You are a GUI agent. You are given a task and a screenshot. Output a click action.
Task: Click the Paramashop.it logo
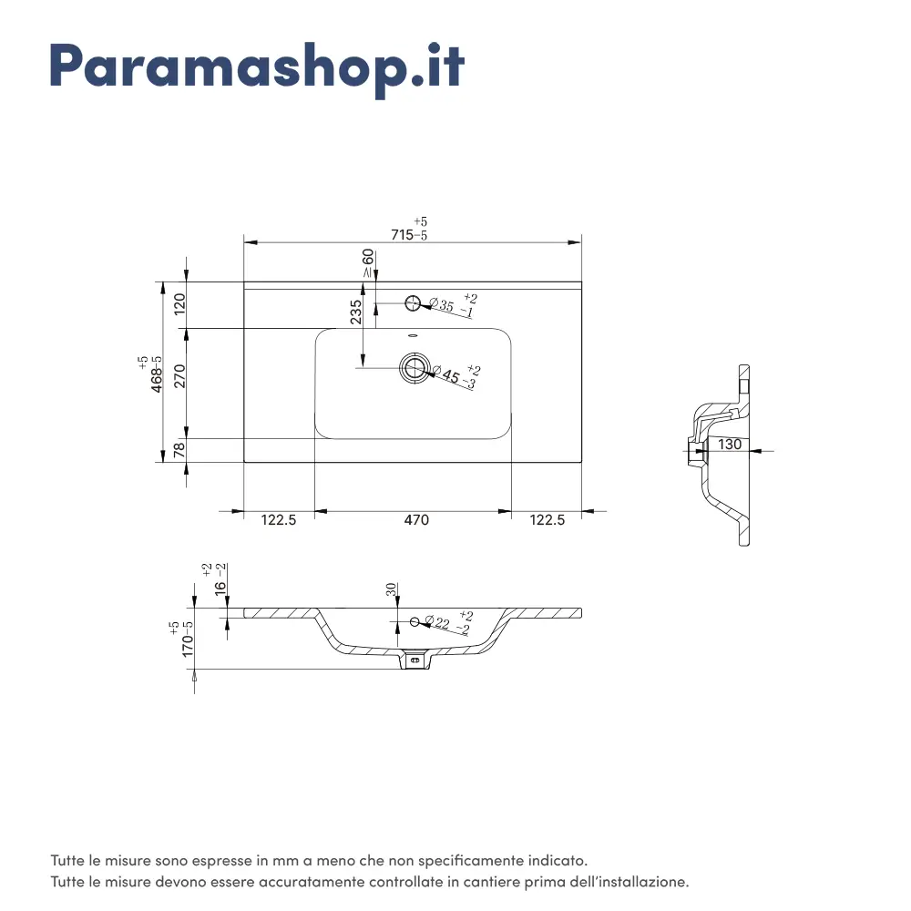(x=257, y=68)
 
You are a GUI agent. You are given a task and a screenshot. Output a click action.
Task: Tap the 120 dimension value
(x=179, y=304)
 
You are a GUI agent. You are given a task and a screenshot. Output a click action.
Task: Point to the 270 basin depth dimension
(x=179, y=376)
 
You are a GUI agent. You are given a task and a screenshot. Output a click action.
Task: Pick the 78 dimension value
(x=179, y=449)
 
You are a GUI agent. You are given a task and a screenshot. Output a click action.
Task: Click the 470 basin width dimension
(x=416, y=519)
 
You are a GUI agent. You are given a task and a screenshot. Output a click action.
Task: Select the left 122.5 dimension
(x=278, y=519)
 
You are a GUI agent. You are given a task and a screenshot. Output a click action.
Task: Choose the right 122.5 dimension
(x=547, y=519)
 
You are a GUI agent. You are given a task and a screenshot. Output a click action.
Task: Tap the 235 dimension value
(x=355, y=312)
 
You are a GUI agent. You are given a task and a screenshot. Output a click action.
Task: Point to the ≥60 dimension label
(x=368, y=263)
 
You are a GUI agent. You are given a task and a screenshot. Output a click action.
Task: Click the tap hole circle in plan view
(x=413, y=302)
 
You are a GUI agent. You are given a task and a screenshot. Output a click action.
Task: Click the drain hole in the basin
(x=415, y=367)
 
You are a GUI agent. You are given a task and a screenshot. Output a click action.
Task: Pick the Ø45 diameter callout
(x=456, y=376)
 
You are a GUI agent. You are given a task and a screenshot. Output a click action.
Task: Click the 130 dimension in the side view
(x=730, y=444)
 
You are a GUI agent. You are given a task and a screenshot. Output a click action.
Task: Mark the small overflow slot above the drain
(x=413, y=336)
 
